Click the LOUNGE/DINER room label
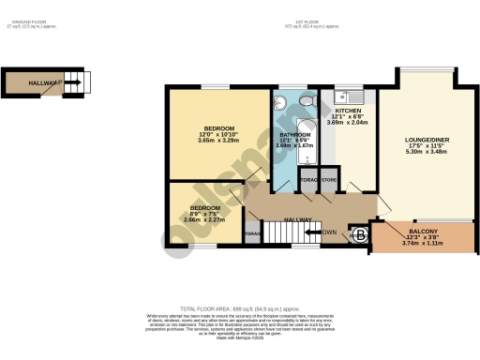click(427, 140)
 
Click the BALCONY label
click(422, 231)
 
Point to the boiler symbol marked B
click(360, 235)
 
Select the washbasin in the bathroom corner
click(283, 102)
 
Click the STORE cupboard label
click(329, 178)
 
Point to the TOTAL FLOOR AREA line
click(240, 308)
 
